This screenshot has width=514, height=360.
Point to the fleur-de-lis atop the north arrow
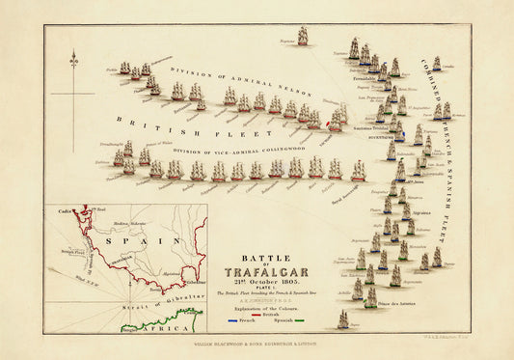tap(74, 61)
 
